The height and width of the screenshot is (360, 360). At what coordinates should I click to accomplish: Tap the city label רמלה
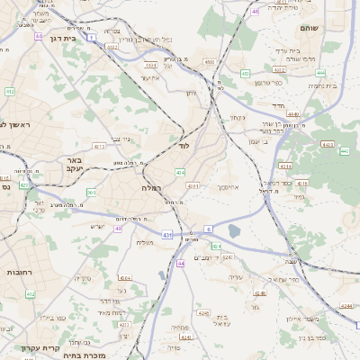coord(150,189)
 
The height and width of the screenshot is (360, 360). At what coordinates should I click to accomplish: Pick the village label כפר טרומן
coord(268,83)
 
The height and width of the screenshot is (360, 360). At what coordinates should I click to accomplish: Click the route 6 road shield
coord(208,229)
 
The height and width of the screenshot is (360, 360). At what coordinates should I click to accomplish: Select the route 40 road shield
coord(118,229)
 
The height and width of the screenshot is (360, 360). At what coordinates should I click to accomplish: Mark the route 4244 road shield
coord(346,307)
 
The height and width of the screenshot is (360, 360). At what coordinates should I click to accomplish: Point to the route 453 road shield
coord(246,74)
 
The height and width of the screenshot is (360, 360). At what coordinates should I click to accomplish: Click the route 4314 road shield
coord(285,166)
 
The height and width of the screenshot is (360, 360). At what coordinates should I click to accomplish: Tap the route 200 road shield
coord(91,193)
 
